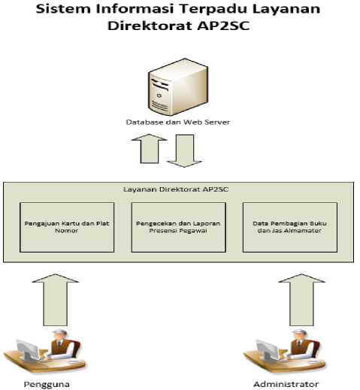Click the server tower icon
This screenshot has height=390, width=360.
(x=178, y=87)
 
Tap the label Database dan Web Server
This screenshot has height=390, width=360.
(x=178, y=122)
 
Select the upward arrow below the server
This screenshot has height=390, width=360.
(x=150, y=149)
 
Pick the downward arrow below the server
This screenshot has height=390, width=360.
(x=185, y=151)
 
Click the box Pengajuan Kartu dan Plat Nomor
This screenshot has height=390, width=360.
(x=67, y=227)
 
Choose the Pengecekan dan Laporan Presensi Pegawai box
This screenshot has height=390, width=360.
(x=179, y=227)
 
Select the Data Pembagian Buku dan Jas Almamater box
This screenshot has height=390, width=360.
(x=290, y=227)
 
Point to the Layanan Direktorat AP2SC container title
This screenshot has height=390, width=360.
(x=176, y=189)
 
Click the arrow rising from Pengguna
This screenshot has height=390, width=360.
(x=56, y=300)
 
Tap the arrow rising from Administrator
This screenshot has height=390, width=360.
(x=301, y=300)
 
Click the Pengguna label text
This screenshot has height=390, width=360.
(x=47, y=384)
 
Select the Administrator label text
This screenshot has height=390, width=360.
(x=286, y=384)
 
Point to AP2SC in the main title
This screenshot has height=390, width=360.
(x=223, y=26)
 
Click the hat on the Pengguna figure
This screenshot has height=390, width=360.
(x=59, y=332)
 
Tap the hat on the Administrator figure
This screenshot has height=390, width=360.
(x=300, y=332)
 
